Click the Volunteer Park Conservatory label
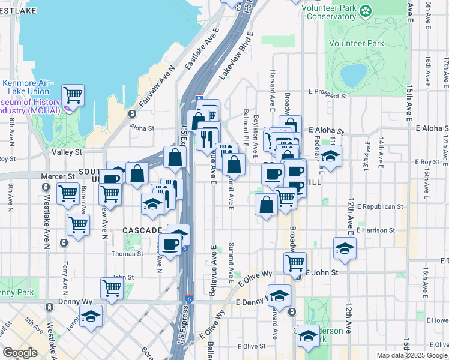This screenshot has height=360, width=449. (x=328, y=12)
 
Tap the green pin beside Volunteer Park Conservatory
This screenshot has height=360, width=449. (x=364, y=10)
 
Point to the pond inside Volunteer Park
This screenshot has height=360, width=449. (x=353, y=75)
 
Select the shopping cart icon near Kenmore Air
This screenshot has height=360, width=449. (x=73, y=94)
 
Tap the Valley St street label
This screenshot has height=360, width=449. (x=67, y=152)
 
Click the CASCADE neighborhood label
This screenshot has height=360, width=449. (x=142, y=230)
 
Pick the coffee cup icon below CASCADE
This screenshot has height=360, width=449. (x=170, y=245)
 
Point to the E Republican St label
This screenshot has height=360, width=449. (x=379, y=206)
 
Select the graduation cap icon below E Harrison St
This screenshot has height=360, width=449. (x=344, y=248)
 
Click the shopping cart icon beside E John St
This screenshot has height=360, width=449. (x=295, y=262)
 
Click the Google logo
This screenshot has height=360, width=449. (x=20, y=353)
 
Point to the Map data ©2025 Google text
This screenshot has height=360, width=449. (x=412, y=355)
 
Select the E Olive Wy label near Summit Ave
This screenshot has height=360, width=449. (x=255, y=279)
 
